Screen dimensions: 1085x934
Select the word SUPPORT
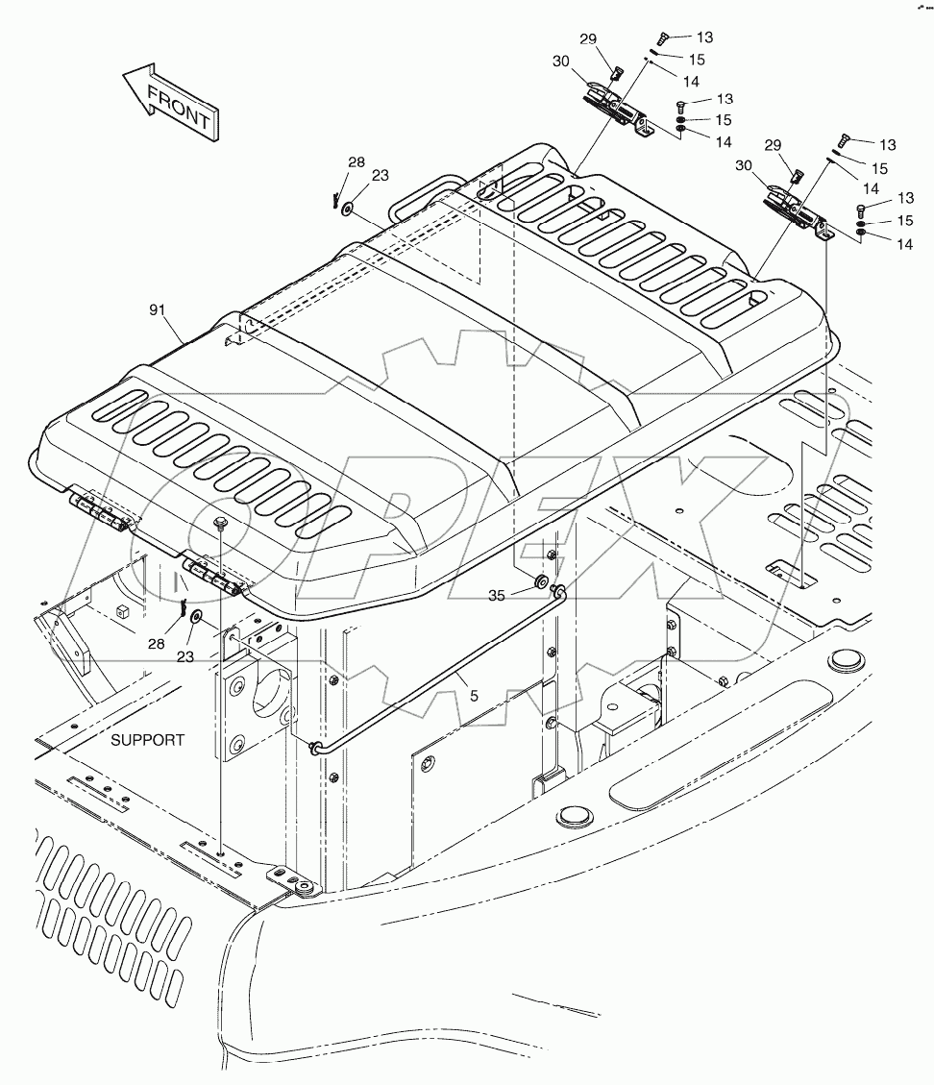(147, 740)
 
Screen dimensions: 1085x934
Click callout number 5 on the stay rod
(472, 689)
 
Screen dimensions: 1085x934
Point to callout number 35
(496, 596)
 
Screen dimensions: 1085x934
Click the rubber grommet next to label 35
(541, 582)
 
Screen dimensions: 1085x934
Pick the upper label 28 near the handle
(356, 162)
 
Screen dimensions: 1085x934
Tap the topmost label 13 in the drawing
(704, 37)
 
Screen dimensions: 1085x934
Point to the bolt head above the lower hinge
(221, 523)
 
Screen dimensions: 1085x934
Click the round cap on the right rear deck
(847, 660)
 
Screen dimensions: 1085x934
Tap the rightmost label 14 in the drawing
(904, 245)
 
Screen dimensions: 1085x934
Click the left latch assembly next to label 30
(615, 107)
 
